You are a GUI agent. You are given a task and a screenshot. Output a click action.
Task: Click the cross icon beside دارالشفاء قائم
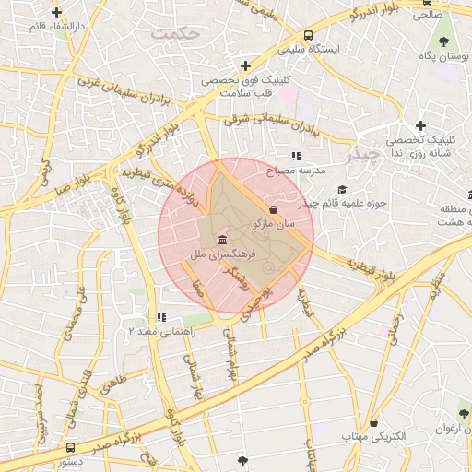(57, 13)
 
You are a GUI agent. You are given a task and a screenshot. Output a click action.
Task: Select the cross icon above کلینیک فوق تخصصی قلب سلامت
(245, 65)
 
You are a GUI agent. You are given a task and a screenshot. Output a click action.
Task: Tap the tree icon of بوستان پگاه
(444, 41)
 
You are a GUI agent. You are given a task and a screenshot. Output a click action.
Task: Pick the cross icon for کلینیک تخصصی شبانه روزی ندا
(420, 125)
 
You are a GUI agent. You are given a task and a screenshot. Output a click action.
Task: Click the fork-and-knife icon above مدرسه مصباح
(296, 157)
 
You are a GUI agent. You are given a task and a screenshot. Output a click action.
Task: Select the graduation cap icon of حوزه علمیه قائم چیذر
(342, 190)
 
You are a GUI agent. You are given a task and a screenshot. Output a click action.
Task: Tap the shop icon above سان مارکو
(272, 207)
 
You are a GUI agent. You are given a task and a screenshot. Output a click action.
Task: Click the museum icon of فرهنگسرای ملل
(224, 239)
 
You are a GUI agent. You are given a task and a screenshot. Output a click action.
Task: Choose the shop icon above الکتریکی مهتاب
(373, 421)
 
